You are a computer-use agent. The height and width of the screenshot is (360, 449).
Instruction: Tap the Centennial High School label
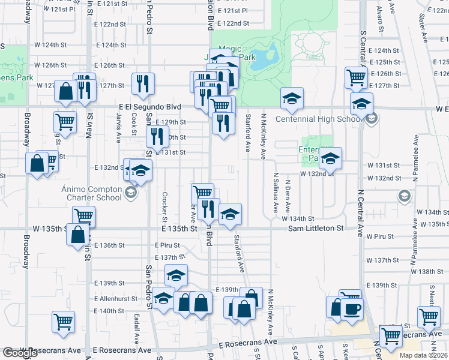click(319, 119)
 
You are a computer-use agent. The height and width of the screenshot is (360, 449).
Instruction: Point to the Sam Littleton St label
click(315, 229)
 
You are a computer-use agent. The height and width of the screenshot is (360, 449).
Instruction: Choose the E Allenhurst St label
click(112, 298)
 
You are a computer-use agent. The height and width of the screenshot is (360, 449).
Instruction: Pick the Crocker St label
click(164, 206)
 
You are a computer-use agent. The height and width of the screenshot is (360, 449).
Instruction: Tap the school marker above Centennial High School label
click(292, 100)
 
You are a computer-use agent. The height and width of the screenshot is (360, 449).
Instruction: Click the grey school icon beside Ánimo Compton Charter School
click(130, 193)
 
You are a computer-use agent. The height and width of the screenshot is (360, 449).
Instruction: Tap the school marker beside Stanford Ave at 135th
click(229, 215)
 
